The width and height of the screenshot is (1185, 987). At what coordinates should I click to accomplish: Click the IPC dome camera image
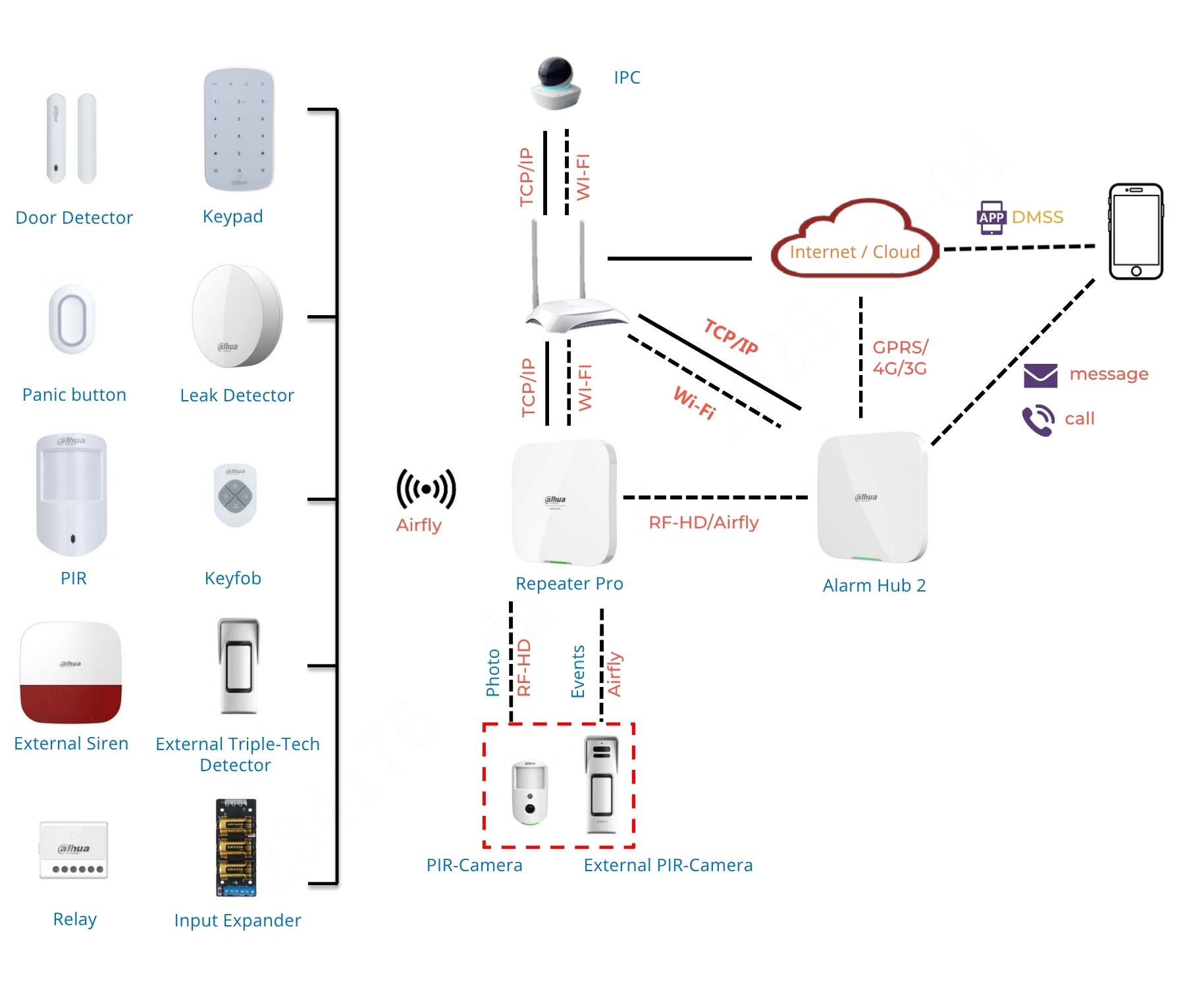pyautogui.click(x=556, y=84)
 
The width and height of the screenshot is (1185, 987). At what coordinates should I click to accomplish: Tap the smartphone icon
pyautogui.click(x=1136, y=232)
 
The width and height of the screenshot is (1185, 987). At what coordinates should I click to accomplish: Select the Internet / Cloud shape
pyautogui.click(x=855, y=239)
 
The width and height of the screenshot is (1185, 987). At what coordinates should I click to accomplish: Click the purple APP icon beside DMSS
pyautogui.click(x=991, y=218)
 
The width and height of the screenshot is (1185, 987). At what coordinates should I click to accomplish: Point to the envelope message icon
pyautogui.click(x=1040, y=376)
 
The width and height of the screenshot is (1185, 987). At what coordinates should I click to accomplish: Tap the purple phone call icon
pyautogui.click(x=1038, y=420)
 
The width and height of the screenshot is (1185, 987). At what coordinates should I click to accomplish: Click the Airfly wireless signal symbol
pyautogui.click(x=426, y=489)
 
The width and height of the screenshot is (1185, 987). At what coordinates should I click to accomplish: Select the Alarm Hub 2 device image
pyautogui.click(x=872, y=497)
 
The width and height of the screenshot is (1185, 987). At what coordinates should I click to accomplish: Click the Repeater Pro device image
pyautogui.click(x=565, y=503)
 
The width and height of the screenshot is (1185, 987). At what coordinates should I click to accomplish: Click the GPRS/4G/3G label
pyautogui.click(x=900, y=358)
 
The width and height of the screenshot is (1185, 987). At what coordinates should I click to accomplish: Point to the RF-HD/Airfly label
pyautogui.click(x=704, y=522)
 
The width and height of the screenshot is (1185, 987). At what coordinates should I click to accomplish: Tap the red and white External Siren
pyautogui.click(x=71, y=672)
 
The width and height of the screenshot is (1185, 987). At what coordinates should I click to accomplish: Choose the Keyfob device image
pyautogui.click(x=235, y=495)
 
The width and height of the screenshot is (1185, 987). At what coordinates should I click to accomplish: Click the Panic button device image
pyautogui.click(x=72, y=320)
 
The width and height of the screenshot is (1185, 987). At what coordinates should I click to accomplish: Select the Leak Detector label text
pyautogui.click(x=237, y=395)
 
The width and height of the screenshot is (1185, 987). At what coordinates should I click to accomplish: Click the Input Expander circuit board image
pyautogui.click(x=236, y=848)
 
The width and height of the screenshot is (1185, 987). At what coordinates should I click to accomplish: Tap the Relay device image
pyautogui.click(x=74, y=850)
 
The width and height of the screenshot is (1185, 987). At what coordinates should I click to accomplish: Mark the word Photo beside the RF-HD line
pyautogui.click(x=492, y=672)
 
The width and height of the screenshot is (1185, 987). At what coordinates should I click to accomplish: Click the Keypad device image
pyautogui.click(x=238, y=130)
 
